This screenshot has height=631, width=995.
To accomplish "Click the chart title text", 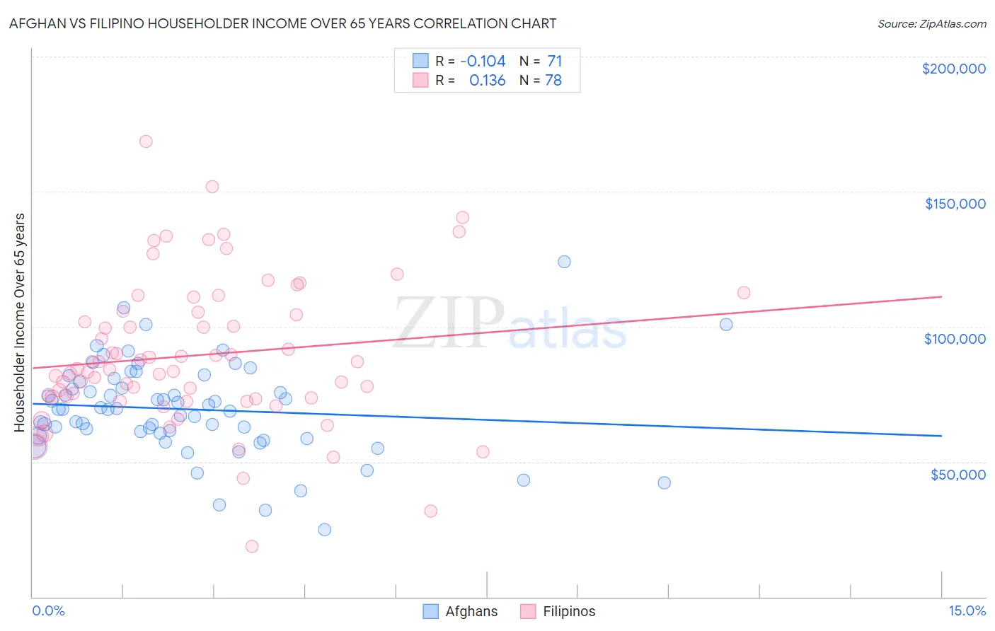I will coord(282,23).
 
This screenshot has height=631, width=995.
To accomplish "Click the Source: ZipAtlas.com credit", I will coord(931,23).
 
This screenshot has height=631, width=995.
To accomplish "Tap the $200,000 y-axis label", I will coord(953,69).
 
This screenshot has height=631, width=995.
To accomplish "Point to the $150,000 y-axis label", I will coord(955,204).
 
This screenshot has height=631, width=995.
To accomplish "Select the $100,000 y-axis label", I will coord(955,339).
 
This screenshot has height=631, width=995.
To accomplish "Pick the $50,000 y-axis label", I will coord(957,474).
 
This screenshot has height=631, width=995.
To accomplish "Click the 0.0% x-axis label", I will coord(48,610).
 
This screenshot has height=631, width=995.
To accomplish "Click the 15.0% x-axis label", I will coord(967,610).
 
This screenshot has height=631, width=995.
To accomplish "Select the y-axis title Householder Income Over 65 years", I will coord(20,322).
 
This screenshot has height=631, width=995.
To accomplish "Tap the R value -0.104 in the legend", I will coord(483,61).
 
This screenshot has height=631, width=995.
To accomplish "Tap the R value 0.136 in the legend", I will coord(488,80).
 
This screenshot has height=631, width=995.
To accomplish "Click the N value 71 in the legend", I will coord(554,61).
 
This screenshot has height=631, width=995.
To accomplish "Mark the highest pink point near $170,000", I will coord(146,141).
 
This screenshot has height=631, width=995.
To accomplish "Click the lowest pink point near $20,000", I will coord(252,546).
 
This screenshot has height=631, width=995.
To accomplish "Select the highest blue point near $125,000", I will coord(564,262).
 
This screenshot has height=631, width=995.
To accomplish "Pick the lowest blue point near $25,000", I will coord(325,529).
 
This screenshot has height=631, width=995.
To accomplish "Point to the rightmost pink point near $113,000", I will coord(744,293).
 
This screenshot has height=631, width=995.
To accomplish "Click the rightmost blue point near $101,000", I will coord(726,325).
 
